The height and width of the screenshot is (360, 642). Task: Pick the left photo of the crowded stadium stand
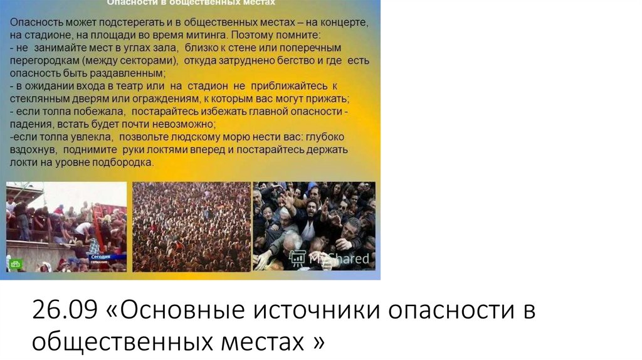pyautogui.click(x=66, y=226)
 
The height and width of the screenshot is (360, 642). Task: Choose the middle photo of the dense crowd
pyautogui.click(x=191, y=226)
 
